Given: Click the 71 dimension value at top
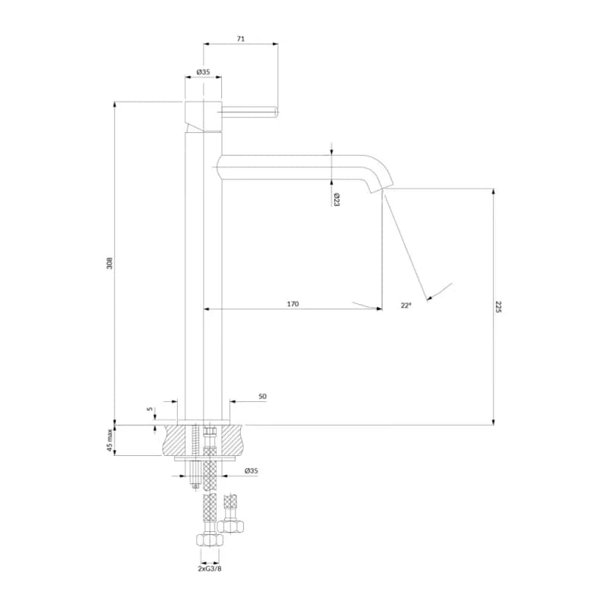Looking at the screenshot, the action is coord(241,39).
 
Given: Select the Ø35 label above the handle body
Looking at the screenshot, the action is coord(203,71).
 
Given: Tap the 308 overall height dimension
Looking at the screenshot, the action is coord(109,263).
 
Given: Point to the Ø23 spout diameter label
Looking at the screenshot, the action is coord(336,200).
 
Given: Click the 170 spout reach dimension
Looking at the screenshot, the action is coord(293,304).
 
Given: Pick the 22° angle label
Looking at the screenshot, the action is coord(406,306).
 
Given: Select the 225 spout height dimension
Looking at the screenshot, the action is coord(499,307).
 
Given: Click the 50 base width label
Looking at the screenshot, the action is coord(262,396).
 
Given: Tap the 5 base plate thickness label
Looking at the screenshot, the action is coord(150,409).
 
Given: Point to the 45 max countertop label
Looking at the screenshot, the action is coord(110,440).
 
